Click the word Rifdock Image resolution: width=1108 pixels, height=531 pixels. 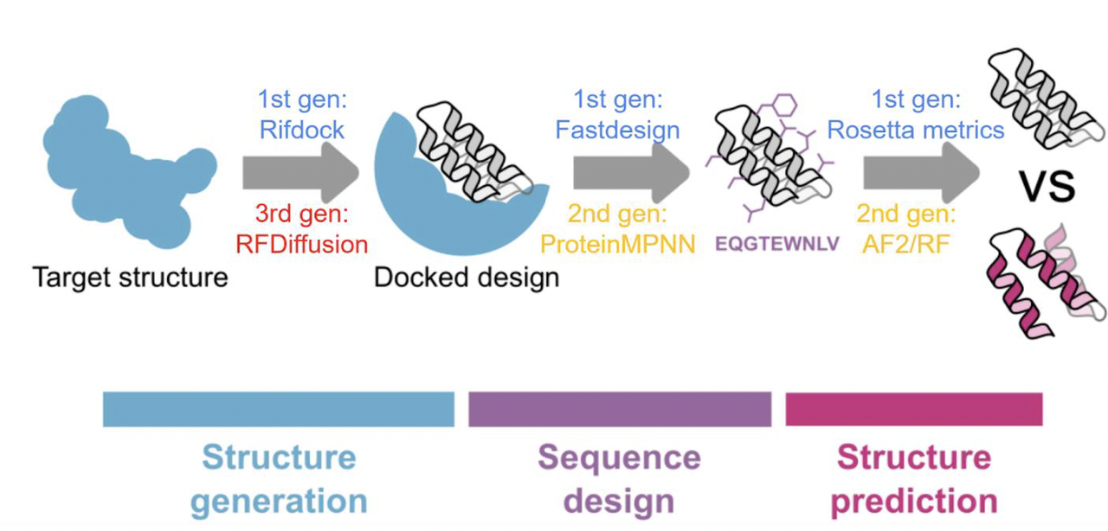point(301,130)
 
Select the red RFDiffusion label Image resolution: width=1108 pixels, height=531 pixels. point(301,244)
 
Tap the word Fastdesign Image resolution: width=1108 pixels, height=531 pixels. point(617,130)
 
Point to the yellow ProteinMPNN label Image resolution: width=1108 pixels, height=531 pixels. point(617,244)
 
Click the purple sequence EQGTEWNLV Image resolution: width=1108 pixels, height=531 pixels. point(777,243)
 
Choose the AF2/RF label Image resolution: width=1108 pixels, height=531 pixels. point(906,244)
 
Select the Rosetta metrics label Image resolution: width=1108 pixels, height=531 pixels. point(916,130)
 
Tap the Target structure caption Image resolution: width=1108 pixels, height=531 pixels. point(130,278)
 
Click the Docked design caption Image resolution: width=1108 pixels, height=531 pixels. point(467,278)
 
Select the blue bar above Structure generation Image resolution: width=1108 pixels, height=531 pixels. point(278,409)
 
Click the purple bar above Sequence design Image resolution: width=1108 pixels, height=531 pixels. point(619,409)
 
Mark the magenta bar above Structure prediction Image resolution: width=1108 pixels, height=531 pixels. point(913,409)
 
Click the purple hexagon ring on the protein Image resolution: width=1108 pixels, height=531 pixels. point(783,106)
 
